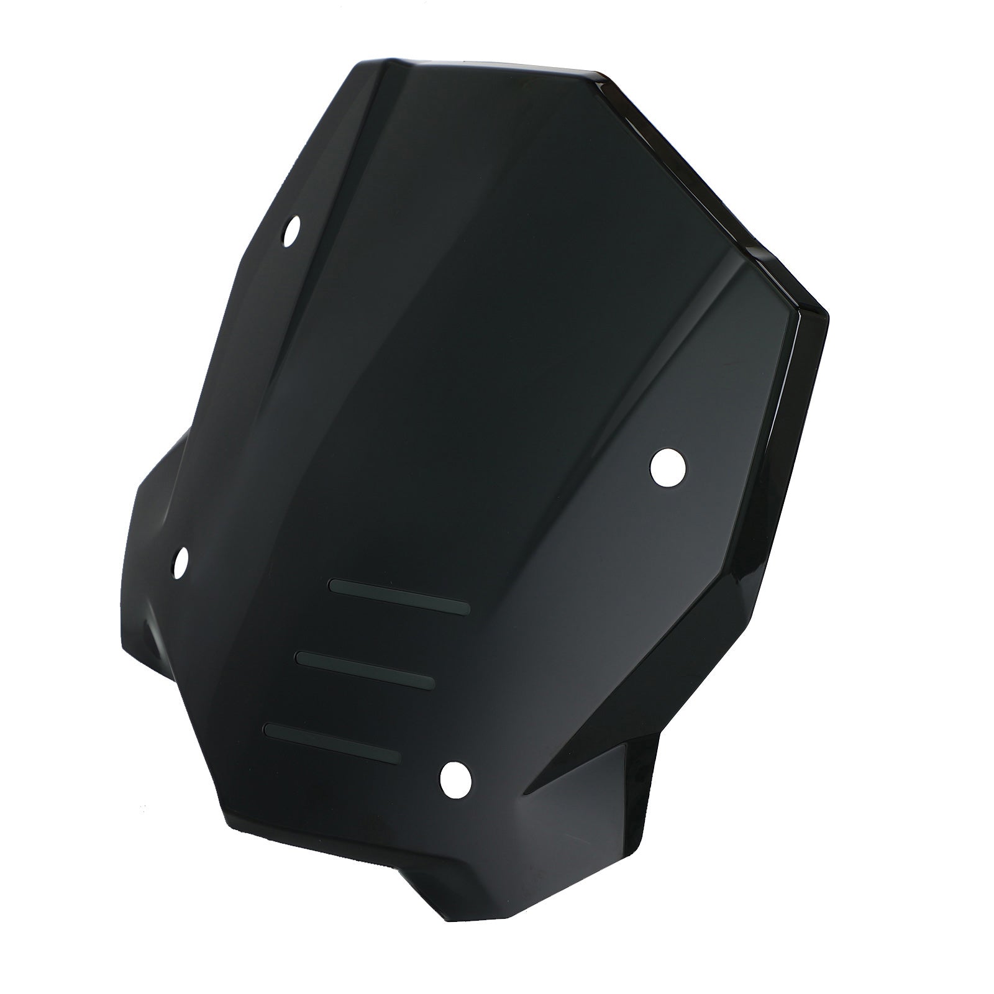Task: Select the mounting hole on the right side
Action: (x=668, y=465)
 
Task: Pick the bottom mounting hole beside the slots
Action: (x=455, y=778)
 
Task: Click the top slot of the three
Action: (x=400, y=596)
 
